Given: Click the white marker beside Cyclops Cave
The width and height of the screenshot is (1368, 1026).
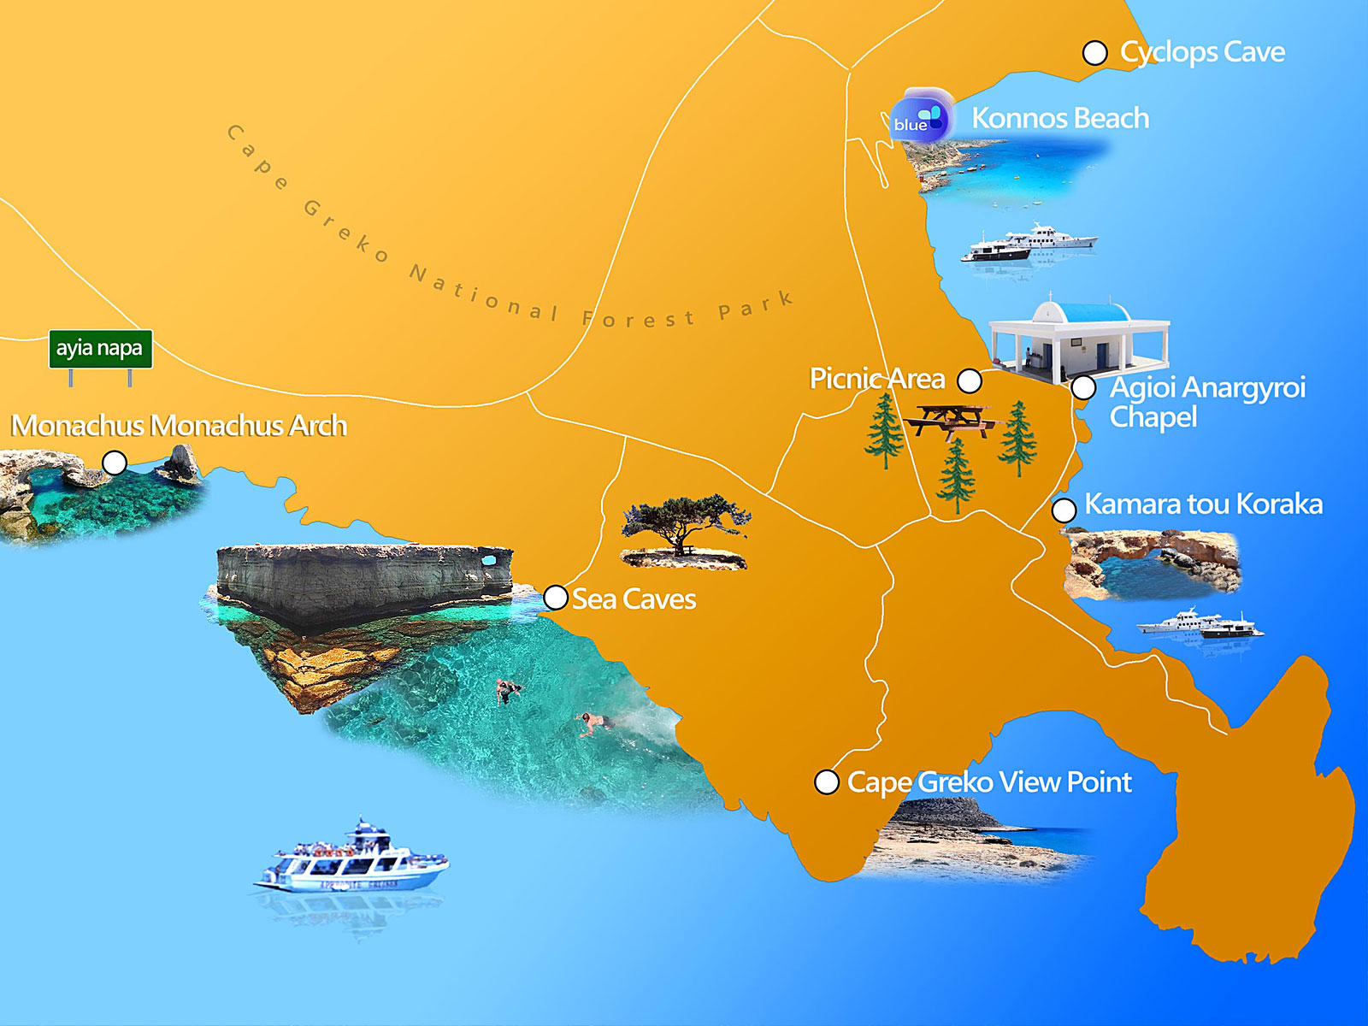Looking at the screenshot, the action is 1095,53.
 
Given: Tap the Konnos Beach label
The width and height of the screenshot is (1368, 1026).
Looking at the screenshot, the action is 1060,118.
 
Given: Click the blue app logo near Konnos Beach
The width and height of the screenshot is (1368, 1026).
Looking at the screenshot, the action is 919,118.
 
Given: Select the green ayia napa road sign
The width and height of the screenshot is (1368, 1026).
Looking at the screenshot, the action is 100,349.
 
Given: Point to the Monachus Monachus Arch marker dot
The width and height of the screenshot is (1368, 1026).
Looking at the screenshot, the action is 115,463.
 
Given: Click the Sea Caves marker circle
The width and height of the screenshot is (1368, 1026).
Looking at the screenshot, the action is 556,597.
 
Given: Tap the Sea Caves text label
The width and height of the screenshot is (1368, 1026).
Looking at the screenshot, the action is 634,599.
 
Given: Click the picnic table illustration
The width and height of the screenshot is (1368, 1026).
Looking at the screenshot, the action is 952,419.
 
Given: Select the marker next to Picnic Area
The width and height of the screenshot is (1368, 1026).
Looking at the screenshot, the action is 970,380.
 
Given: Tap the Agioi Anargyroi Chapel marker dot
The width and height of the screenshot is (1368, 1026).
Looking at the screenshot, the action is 1083,387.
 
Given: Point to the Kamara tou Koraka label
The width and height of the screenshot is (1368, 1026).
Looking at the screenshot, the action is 1203,504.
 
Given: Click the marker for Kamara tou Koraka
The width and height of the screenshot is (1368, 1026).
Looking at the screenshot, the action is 1064,510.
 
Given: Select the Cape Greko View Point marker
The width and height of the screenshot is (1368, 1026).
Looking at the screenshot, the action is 827,781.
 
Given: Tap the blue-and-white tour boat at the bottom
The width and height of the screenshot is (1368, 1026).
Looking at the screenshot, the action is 352,859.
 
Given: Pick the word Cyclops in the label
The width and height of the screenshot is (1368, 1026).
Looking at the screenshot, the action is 1169,53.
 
